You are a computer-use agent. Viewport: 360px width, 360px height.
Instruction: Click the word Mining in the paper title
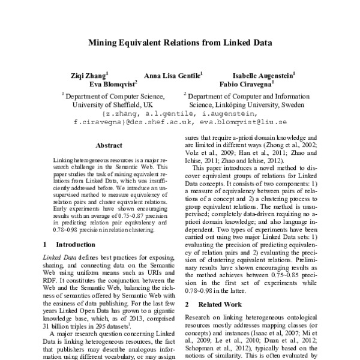(x=103, y=43)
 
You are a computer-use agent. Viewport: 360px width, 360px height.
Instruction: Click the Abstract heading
(x=109, y=145)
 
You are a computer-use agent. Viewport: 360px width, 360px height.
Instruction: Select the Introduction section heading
(x=75, y=245)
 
